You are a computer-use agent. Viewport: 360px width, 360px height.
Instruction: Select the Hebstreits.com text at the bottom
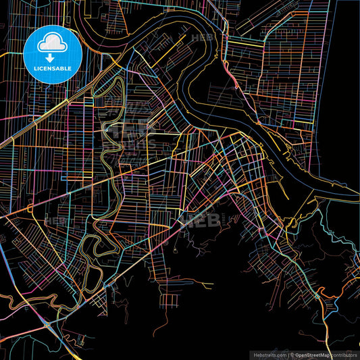pyautogui.click(x=269, y=355)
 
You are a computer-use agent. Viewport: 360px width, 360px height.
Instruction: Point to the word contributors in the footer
pyautogui.click(x=342, y=355)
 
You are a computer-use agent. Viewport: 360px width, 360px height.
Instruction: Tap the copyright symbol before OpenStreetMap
pyautogui.click(x=291, y=355)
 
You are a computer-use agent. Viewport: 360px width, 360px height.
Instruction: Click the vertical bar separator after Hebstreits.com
pyautogui.click(x=286, y=355)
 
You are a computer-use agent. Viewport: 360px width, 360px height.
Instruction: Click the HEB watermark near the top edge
pyautogui.click(x=202, y=38)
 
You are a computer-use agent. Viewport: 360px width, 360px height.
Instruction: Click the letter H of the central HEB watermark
pyautogui.click(x=183, y=220)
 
